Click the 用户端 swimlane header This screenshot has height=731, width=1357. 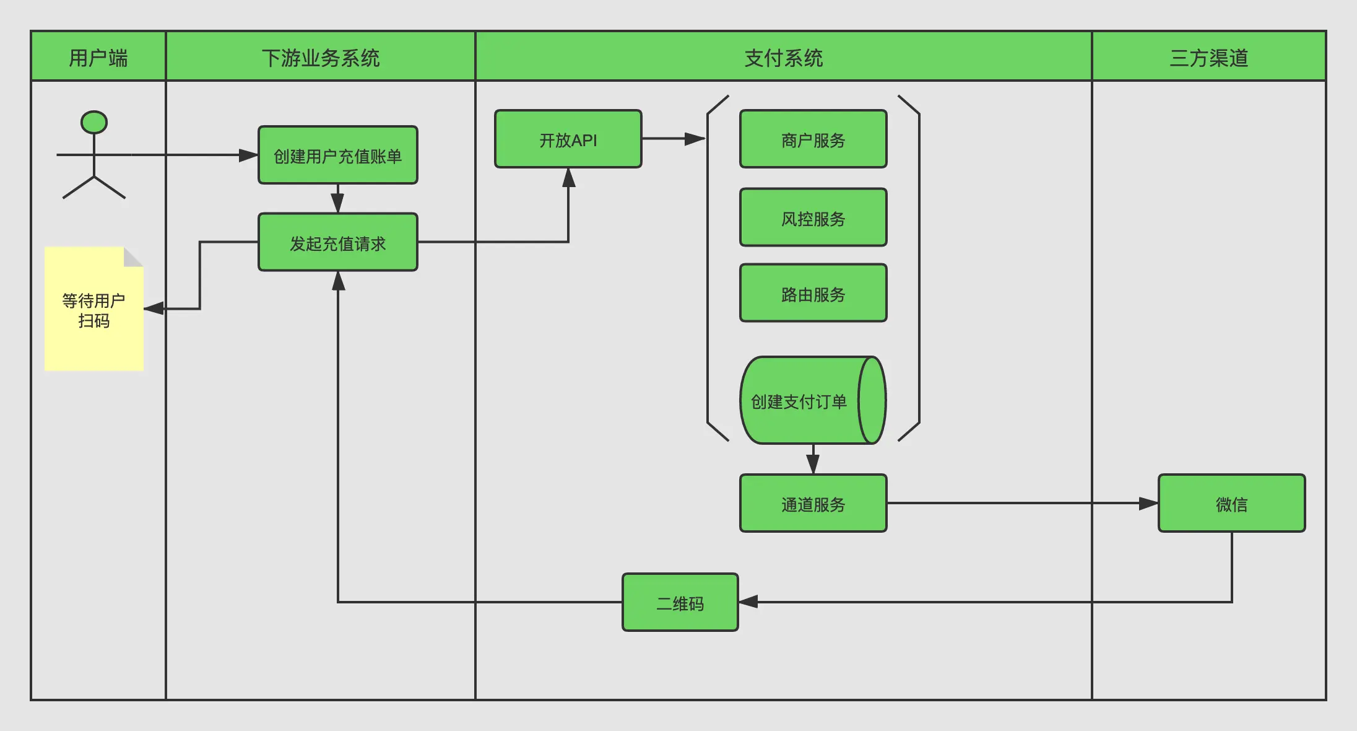[x=98, y=57]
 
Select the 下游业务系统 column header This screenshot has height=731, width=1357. [x=320, y=57]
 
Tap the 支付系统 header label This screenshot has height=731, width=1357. [x=783, y=57]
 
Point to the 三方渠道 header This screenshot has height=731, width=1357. [x=1208, y=57]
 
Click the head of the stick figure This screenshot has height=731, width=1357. [x=94, y=122]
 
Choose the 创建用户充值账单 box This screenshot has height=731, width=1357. [x=337, y=155]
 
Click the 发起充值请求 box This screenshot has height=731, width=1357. [x=337, y=243]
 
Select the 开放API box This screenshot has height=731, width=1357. [x=568, y=139]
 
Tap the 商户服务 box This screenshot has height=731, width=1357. [x=813, y=139]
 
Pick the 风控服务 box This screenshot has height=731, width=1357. [x=813, y=218]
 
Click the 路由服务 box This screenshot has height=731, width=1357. [x=813, y=294]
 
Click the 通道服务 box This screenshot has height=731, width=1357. [x=813, y=504]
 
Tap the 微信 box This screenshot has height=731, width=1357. [x=1231, y=504]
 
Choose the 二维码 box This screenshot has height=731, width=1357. [x=680, y=603]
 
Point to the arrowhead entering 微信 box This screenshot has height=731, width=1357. [x=1148, y=504]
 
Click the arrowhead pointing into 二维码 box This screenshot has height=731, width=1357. [x=748, y=602]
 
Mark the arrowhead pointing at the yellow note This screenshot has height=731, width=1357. [x=154, y=308]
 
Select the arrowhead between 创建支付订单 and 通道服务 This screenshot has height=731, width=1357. [x=813, y=464]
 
